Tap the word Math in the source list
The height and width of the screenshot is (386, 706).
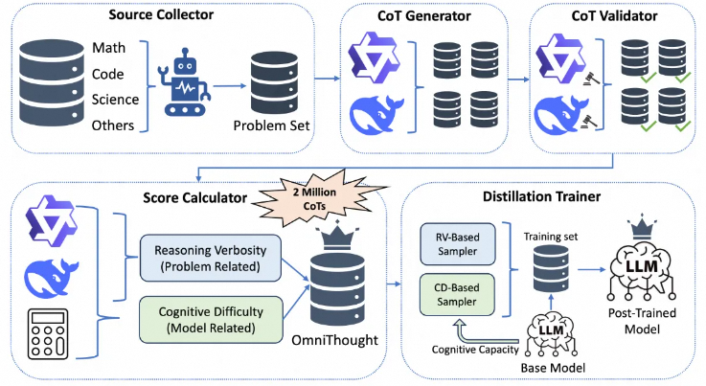(107, 47)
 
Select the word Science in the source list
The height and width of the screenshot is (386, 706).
(116, 99)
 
